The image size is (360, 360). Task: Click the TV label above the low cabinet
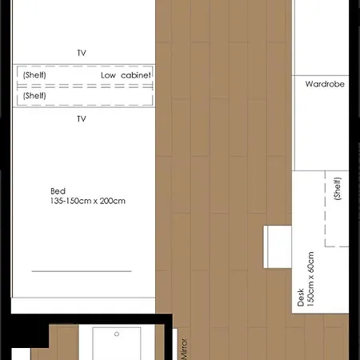[82, 53]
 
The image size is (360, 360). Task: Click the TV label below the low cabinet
[82, 118]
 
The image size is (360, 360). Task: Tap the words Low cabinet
[126, 75]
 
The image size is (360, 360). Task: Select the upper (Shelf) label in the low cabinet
[34, 75]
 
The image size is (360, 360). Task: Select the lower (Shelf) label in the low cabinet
[34, 95]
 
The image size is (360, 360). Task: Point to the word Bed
[58, 191]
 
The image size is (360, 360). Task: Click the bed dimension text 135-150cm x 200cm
[88, 201]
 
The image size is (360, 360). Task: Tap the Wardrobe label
[325, 83]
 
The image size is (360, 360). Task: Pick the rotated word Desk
[301, 298]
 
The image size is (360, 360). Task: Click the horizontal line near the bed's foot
[81, 271]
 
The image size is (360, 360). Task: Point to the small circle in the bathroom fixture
[115, 330]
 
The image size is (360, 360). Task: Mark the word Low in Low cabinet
[108, 75]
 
